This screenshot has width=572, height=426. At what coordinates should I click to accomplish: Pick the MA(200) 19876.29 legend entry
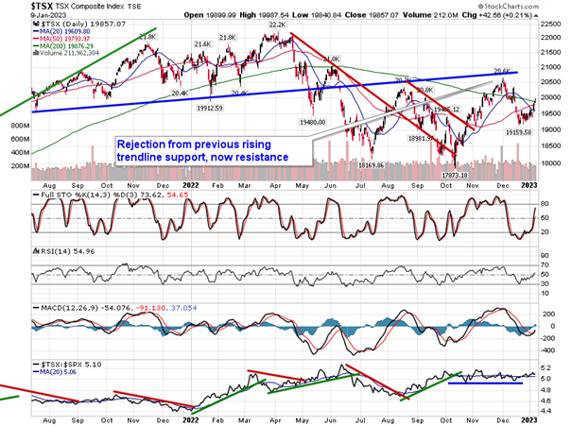[x=70, y=46]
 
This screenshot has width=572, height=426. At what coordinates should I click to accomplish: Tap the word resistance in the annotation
[x=254, y=156]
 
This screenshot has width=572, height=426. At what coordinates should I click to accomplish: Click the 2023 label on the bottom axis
[x=529, y=415]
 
